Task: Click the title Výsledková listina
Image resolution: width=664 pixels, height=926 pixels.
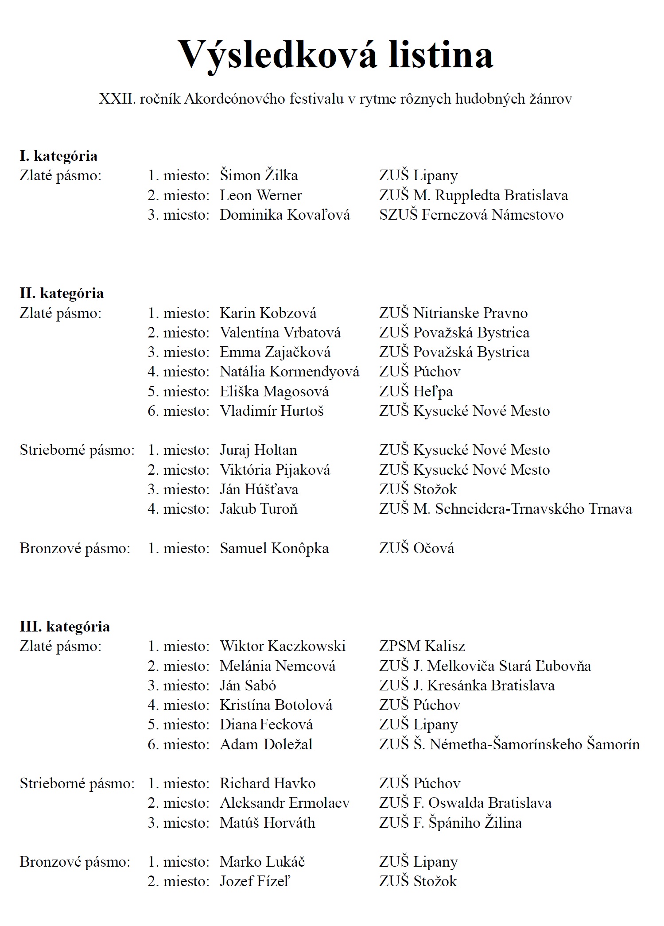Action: (x=335, y=54)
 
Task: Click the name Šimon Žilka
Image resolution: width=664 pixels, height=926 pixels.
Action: (x=259, y=175)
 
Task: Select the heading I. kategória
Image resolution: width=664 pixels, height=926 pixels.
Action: (x=58, y=156)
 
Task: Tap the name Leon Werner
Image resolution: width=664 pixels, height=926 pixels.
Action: (x=260, y=195)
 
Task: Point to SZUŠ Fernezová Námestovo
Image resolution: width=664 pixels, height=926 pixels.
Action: (x=471, y=215)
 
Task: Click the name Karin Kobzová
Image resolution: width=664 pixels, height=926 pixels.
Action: (x=268, y=313)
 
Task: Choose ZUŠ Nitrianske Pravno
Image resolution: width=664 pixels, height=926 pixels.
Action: (x=453, y=313)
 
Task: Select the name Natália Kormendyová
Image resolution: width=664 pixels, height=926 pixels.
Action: (x=289, y=372)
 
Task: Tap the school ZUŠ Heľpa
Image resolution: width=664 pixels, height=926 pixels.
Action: (x=416, y=391)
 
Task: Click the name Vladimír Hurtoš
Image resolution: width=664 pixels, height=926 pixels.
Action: (x=272, y=411)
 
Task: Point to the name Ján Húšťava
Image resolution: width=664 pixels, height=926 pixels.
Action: (x=259, y=489)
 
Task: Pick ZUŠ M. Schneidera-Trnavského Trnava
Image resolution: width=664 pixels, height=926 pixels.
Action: (x=505, y=509)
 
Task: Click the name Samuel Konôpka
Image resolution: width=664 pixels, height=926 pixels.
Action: (x=274, y=548)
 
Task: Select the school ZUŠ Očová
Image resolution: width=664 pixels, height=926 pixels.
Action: (x=416, y=548)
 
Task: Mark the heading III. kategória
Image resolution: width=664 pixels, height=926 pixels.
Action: (x=65, y=627)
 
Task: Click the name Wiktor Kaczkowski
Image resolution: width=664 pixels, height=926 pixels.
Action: (x=283, y=646)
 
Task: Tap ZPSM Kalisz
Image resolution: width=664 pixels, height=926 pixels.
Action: (x=422, y=646)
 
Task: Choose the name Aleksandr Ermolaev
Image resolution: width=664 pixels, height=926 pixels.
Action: (x=285, y=803)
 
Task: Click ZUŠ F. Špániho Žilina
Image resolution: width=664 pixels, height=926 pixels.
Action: (x=450, y=823)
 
